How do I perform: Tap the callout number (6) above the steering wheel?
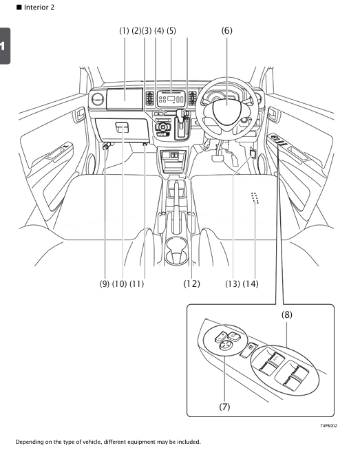click(x=228, y=31)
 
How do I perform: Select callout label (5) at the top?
click(x=171, y=31)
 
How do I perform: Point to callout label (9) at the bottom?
click(x=105, y=283)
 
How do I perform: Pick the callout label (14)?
click(x=250, y=283)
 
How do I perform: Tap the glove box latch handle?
click(x=121, y=127)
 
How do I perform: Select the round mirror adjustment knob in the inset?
click(x=225, y=346)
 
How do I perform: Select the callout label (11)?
click(x=141, y=283)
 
